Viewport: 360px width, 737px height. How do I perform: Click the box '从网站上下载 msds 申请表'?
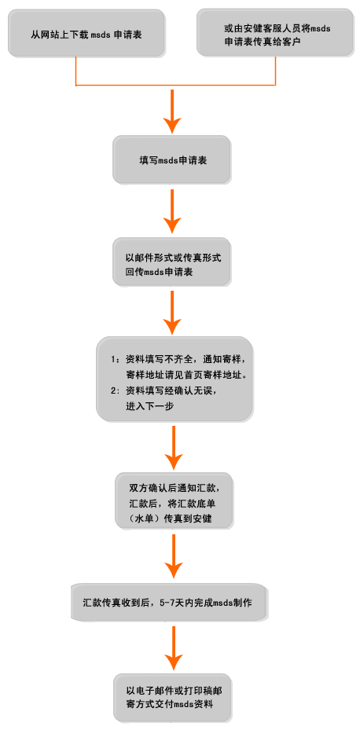tap(86, 33)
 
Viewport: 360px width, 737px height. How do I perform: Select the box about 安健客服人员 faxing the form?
tap(275, 32)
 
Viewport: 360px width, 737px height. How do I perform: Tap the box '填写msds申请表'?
tap(171, 159)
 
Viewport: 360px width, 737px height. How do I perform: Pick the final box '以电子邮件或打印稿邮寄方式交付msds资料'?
tap(172, 698)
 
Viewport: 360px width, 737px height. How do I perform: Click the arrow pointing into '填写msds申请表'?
tap(172, 111)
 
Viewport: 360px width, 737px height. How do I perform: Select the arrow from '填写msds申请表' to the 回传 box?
tap(172, 211)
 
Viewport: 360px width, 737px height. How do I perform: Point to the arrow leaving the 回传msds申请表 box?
tap(172, 313)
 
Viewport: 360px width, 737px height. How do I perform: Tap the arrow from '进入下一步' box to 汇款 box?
tap(174, 449)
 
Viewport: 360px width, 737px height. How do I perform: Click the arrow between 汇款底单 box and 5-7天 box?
tap(174, 556)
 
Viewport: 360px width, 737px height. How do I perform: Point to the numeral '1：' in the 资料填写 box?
tap(116, 360)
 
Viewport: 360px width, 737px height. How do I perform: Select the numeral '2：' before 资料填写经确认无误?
tap(116, 391)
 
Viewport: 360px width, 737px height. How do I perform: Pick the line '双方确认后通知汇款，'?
tap(174, 487)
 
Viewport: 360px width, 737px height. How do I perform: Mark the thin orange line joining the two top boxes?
tap(175, 86)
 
